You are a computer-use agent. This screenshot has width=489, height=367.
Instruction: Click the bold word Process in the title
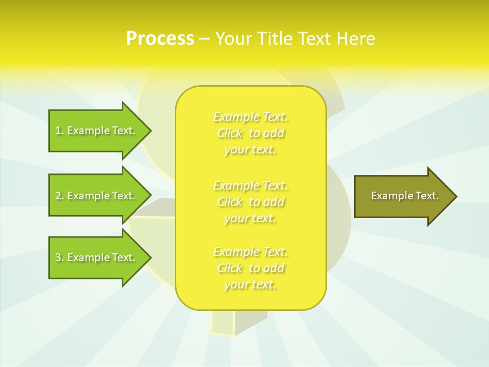(160, 39)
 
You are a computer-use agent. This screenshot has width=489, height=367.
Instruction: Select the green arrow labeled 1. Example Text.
(97, 130)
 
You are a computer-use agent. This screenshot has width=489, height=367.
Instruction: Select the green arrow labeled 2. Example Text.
(97, 196)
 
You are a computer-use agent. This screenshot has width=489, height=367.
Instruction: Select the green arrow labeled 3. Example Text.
(97, 257)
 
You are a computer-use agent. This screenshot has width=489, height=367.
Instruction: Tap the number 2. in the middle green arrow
(59, 196)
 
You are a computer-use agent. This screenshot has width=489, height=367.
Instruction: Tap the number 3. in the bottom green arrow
(59, 257)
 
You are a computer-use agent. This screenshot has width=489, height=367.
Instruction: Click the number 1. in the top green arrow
(59, 130)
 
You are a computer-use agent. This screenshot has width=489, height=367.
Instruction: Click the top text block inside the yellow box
(251, 133)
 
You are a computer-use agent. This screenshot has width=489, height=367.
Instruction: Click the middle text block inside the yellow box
(251, 202)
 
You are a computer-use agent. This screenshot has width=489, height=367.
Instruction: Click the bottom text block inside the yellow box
(251, 268)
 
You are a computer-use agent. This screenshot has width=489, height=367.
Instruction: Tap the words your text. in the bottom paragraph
(250, 285)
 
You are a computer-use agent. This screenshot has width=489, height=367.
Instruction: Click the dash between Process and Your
(205, 39)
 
